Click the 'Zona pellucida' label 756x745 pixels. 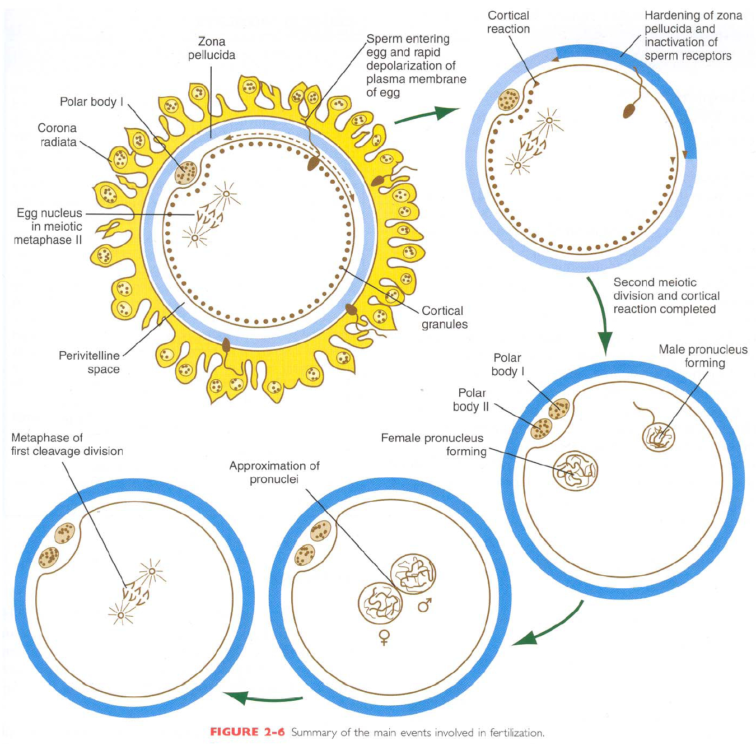tap(212, 48)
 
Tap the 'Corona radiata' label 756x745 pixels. tap(58, 135)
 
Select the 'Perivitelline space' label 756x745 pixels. tap(90, 362)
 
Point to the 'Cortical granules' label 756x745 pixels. tap(444, 318)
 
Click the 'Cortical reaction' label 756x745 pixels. tap(508, 22)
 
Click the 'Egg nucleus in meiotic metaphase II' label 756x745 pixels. tap(49, 226)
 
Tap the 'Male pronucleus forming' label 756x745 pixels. tap(703, 356)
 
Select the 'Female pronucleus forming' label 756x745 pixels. tap(432, 445)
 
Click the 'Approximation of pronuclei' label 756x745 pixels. tap(274, 473)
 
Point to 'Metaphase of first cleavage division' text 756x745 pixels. tap(67, 444)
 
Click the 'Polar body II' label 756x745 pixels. tap(471, 400)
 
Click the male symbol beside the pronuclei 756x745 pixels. tap(425, 605)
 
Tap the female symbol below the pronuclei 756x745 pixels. tap(384, 637)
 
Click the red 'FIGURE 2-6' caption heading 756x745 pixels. tap(247, 732)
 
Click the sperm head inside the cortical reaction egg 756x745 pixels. tap(630, 110)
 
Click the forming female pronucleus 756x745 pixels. tap(575, 471)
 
